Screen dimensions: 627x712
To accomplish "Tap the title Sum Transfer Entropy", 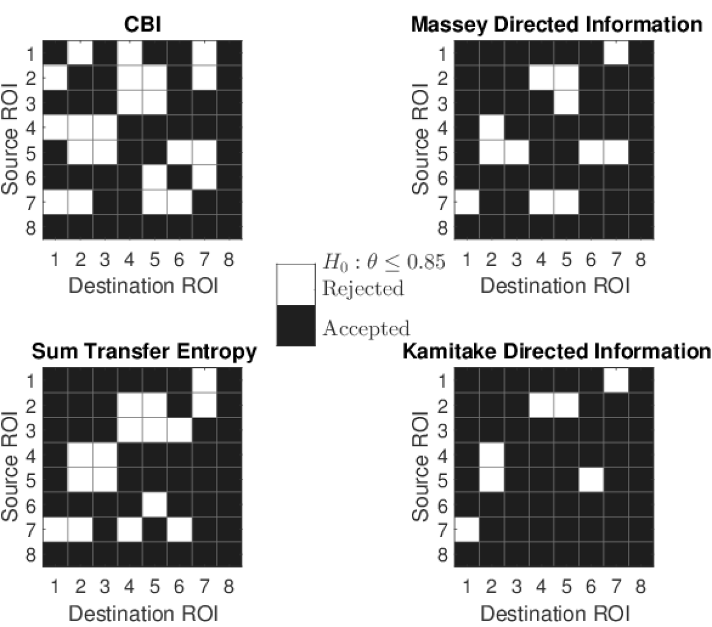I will tap(143, 351).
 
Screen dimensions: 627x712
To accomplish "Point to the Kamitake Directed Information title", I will tap(556, 351).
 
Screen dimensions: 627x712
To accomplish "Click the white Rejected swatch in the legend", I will tap(296, 285).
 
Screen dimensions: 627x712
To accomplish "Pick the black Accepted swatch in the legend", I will tap(296, 325).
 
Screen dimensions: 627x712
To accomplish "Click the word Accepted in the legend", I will tap(366, 329).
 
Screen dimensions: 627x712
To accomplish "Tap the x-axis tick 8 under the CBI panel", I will tap(229, 260).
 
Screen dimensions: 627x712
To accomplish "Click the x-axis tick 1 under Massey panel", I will tap(467, 260).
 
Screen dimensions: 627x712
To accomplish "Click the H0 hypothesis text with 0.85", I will tap(383, 263).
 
